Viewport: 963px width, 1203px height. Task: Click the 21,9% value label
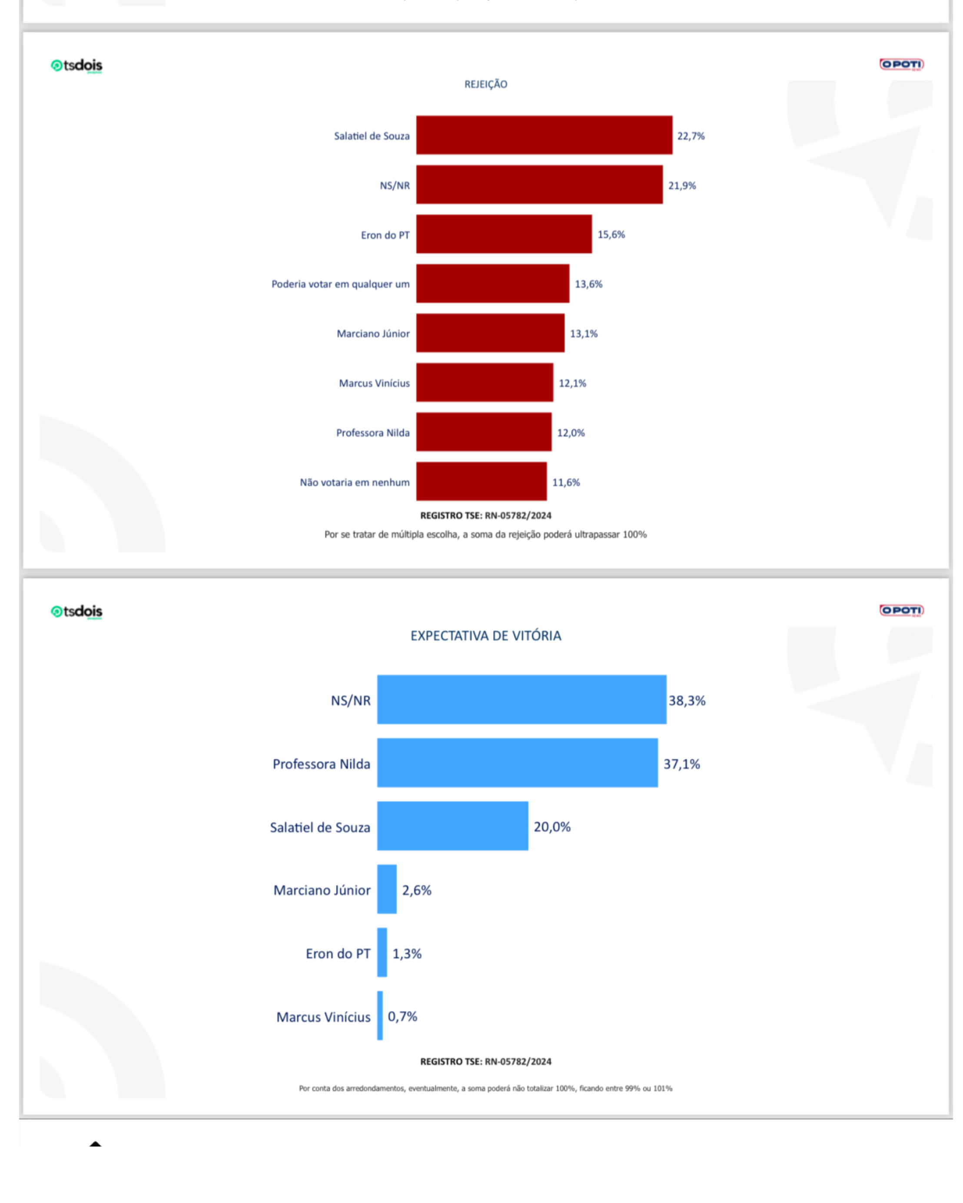[x=682, y=185]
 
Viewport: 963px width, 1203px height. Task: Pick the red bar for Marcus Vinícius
[x=484, y=382]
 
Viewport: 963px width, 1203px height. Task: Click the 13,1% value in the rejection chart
[x=583, y=334]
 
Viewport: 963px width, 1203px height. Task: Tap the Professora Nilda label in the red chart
[x=372, y=433]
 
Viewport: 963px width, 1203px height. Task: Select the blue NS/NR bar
[x=521, y=699]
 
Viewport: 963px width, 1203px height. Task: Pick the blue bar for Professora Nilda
[x=517, y=763]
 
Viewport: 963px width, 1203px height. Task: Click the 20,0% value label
[x=551, y=826]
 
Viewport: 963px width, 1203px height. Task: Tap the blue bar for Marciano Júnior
[x=386, y=889]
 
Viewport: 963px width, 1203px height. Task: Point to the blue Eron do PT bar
[x=382, y=952]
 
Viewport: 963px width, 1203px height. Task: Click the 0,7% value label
[x=402, y=1016]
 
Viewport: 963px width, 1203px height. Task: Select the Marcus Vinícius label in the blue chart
[x=323, y=1017]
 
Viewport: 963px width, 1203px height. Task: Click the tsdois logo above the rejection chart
[x=76, y=66]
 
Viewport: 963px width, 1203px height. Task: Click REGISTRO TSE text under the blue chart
[x=485, y=1061]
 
